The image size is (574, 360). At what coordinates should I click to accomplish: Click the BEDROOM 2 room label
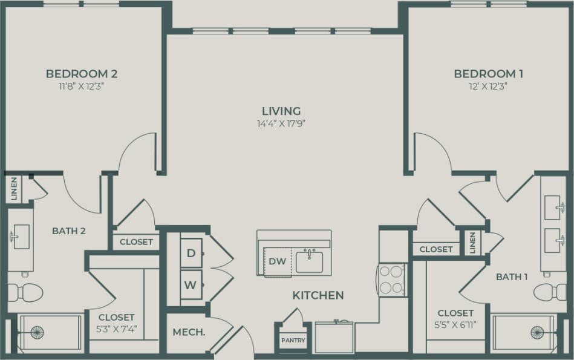coord(82,74)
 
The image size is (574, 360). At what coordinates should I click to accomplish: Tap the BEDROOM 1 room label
coord(489,74)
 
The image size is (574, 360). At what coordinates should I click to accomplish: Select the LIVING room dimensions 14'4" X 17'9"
coord(281,124)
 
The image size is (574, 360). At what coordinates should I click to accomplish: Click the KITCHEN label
coord(318,295)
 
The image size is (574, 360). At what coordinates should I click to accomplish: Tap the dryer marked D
coord(191,254)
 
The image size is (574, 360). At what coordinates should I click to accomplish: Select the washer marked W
coord(191,284)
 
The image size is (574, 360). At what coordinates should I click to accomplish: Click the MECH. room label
coord(188,332)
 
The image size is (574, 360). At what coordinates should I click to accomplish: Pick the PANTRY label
coord(293,341)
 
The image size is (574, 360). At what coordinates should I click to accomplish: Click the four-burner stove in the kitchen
coord(392,279)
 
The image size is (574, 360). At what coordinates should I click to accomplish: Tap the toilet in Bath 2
coord(27,293)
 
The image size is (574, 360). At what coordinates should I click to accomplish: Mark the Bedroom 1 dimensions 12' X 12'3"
coord(489,86)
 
